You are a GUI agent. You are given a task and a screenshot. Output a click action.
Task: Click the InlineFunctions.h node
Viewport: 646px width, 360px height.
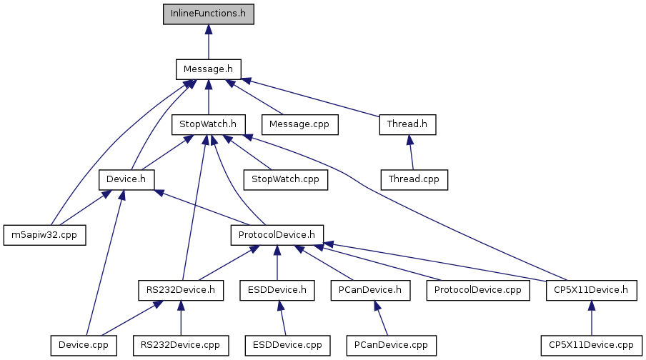208,14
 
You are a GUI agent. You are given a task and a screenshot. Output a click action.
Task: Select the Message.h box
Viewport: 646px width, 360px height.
208,69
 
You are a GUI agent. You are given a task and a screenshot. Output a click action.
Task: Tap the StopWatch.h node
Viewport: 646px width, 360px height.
208,124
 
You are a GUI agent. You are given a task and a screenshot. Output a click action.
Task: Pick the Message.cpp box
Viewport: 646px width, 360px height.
300,124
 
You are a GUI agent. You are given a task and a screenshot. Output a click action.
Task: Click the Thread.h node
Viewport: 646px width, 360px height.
407,124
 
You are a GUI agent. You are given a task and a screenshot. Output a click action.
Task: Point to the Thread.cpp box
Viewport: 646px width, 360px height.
414,179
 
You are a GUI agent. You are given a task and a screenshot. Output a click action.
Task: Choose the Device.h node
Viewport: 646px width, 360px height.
126,179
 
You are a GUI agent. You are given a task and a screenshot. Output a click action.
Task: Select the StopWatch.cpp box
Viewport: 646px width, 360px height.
286,179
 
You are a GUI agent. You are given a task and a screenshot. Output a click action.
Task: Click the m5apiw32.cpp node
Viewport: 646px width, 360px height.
44,234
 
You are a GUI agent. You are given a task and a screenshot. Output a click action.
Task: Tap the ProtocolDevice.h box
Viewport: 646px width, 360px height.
277,234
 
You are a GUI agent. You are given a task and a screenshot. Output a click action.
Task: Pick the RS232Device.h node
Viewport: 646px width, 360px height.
181,290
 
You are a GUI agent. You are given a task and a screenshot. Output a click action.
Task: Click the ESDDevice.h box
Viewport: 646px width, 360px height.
277,290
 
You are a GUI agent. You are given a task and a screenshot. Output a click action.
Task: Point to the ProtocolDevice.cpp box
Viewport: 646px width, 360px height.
478,290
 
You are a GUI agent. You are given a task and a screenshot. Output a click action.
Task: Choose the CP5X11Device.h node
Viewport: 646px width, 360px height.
591,290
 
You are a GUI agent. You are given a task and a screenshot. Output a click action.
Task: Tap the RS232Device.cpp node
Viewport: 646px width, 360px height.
181,345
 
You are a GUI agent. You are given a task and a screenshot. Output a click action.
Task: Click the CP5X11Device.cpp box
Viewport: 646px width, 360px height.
591,345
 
